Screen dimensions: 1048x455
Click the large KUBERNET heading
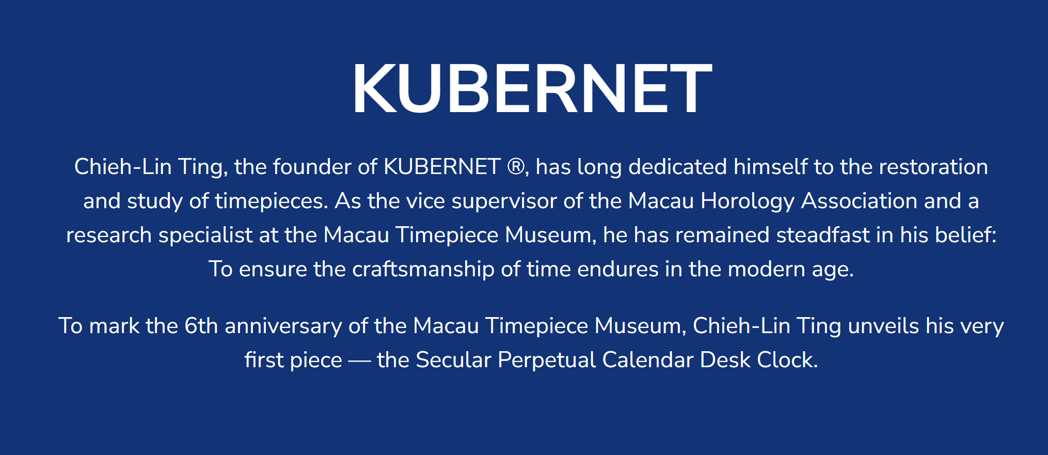tap(532, 88)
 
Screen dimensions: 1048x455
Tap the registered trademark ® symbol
tap(515, 167)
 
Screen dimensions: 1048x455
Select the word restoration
tap(933, 167)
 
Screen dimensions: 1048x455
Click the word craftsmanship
tap(423, 270)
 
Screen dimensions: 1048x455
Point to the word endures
tap(617, 269)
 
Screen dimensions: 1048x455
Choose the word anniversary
tap(283, 326)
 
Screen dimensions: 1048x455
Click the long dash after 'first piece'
tap(359, 361)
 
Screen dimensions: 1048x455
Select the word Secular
tap(453, 360)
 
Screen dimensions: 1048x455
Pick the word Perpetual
tap(547, 360)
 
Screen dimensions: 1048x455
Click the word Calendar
tap(647, 360)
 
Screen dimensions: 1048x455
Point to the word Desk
tap(725, 360)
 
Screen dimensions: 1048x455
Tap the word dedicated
tap(678, 167)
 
